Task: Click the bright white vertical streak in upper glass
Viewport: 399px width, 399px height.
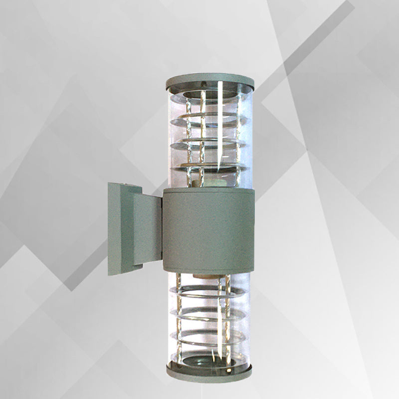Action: (221, 130)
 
